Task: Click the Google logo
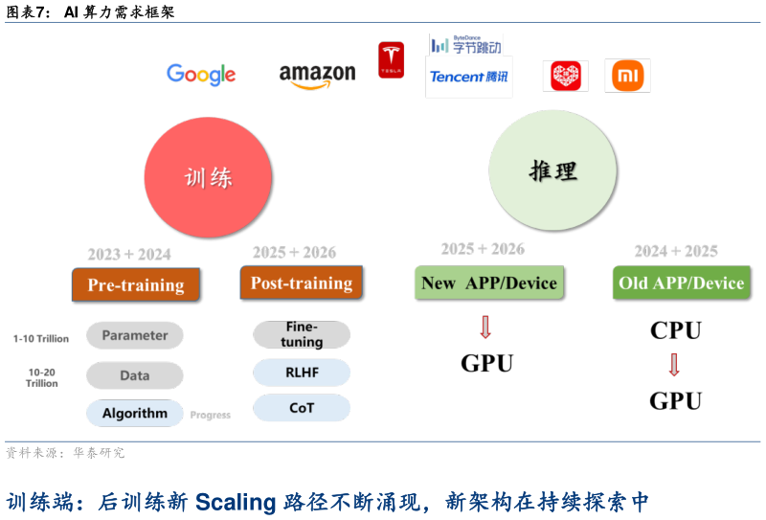pos(201,75)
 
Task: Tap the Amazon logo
pos(317,75)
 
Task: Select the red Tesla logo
pos(391,59)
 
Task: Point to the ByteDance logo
pos(465,44)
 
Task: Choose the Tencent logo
pos(469,77)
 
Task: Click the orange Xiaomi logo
pos(627,76)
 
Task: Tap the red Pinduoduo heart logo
pos(566,76)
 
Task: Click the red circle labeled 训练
pos(208,178)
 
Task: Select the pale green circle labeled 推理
pos(552,171)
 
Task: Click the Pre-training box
pos(136,284)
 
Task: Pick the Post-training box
pos(301,283)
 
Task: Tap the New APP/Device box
pos(488,283)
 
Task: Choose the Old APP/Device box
pos(681,283)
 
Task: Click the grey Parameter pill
pos(135,335)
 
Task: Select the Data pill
pos(135,375)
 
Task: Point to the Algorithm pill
pos(135,414)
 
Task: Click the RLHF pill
pos(302,373)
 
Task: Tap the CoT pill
pos(302,408)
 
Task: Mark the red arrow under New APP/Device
pos(484,328)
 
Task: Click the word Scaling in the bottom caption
pos(237,502)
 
